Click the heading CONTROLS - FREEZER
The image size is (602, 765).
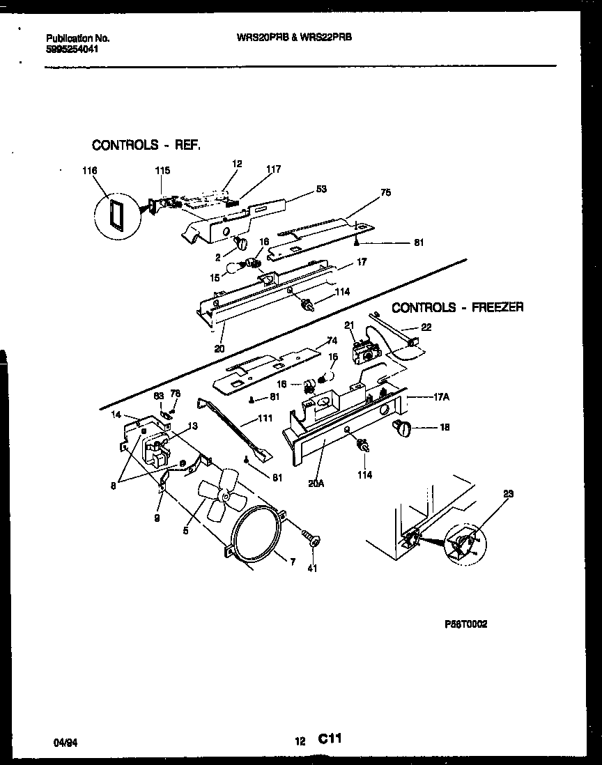click(x=457, y=307)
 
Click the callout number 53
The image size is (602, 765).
click(x=321, y=189)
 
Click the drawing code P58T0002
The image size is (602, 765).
click(x=466, y=625)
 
